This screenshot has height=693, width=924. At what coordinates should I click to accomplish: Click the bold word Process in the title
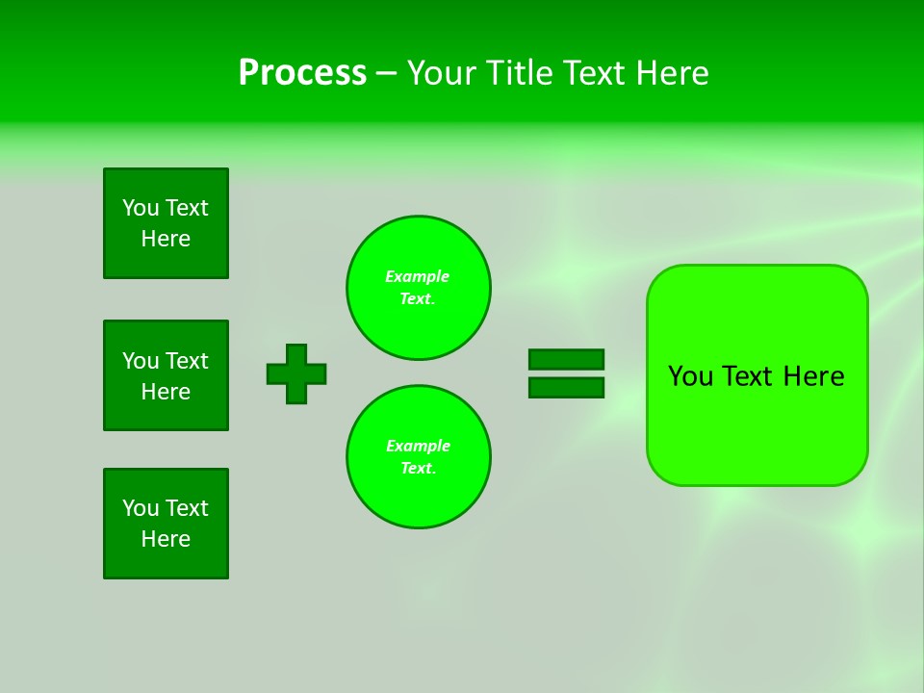(x=302, y=73)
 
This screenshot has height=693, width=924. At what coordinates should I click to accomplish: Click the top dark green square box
(x=166, y=223)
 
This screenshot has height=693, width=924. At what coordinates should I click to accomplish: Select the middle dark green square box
(x=166, y=375)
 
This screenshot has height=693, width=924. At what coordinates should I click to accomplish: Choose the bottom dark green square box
(x=166, y=524)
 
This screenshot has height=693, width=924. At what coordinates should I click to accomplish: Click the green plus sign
(x=296, y=373)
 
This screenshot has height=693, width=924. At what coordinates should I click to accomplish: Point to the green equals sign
(x=566, y=373)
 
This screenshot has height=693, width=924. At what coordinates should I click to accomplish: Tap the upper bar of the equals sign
(x=566, y=359)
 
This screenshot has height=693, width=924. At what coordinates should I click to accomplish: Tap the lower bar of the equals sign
(x=566, y=388)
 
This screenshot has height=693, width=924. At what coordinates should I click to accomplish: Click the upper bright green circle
(x=419, y=288)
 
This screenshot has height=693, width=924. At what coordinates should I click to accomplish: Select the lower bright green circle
(x=419, y=457)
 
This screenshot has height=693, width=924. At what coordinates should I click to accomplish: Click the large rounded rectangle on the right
(x=757, y=375)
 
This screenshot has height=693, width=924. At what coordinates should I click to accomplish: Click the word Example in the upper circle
(x=417, y=276)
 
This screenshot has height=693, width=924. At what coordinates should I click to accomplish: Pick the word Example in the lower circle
(x=418, y=446)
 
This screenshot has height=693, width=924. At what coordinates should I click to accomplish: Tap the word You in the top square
(x=141, y=208)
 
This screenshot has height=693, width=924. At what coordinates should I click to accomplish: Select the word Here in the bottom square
(x=166, y=539)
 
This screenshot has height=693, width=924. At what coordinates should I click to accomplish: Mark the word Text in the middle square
(x=187, y=361)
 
